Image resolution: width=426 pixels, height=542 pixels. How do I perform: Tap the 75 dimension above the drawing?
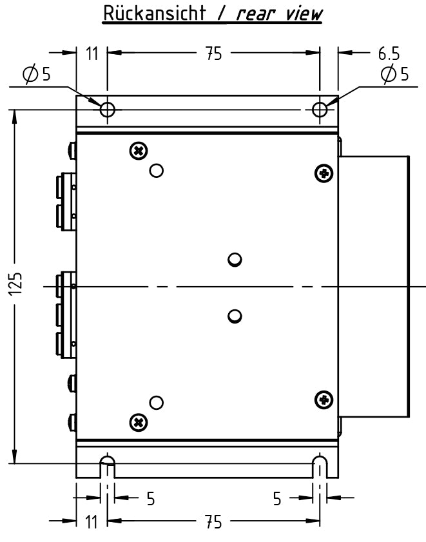tap(213, 53)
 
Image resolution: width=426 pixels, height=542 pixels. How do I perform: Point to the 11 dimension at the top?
tap(92, 53)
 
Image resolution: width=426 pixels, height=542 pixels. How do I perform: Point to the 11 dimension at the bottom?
tap(92, 521)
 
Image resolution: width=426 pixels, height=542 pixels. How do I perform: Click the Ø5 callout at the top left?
tap(36, 75)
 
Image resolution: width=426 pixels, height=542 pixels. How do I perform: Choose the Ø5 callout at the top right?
tap(394, 75)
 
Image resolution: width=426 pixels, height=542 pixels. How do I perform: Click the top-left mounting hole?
tap(108, 109)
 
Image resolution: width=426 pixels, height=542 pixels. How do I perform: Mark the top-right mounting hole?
tap(320, 109)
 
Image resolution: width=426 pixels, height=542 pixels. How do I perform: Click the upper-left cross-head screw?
tap(138, 151)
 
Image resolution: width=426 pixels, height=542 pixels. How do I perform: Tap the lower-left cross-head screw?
tap(138, 422)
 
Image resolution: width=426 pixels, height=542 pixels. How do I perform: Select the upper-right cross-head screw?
tap(324, 173)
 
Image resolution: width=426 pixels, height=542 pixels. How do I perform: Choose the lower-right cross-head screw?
tap(324, 400)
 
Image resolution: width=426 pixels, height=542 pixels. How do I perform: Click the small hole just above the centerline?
tap(235, 260)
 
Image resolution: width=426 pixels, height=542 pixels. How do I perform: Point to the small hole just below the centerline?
tap(235, 316)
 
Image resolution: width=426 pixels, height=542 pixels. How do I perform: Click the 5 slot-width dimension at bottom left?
tap(150, 499)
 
